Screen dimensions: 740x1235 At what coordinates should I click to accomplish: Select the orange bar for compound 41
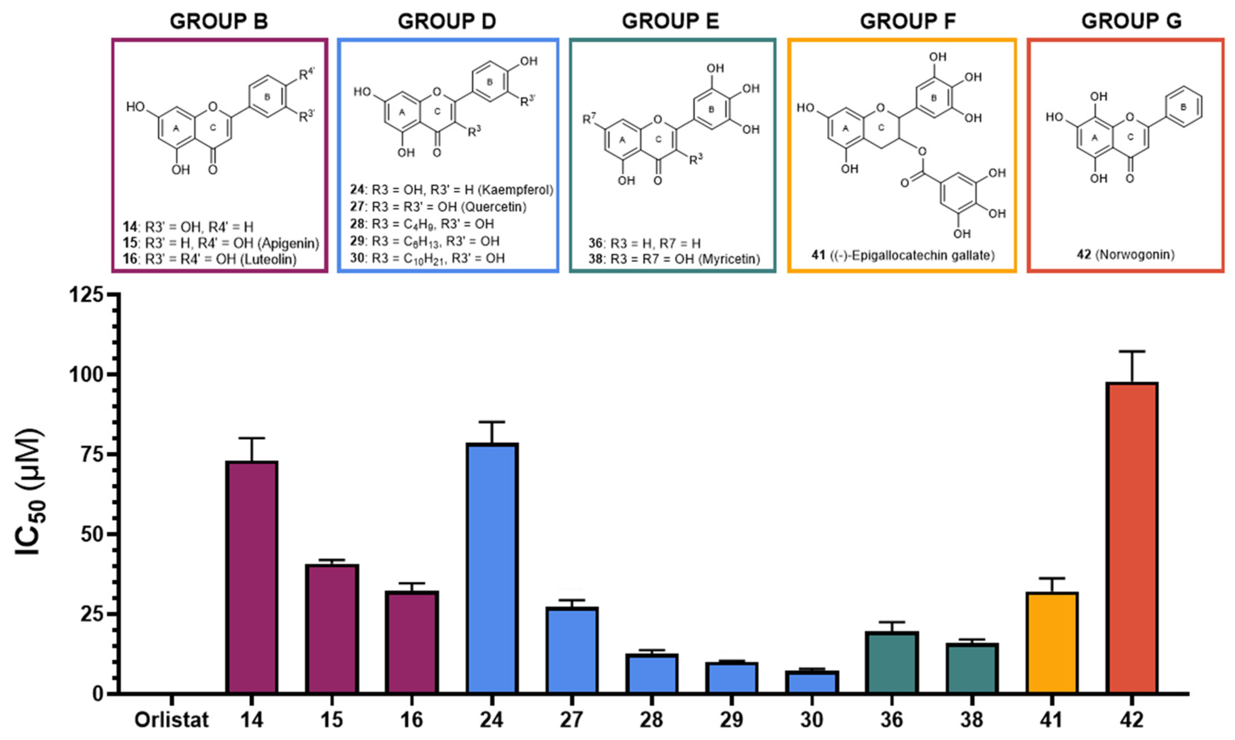tap(1052, 643)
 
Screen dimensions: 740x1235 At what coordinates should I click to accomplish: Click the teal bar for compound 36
tap(892, 663)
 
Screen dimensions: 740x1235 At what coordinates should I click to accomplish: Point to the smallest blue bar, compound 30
tap(812, 682)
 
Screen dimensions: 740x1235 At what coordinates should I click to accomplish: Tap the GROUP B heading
tap(219, 21)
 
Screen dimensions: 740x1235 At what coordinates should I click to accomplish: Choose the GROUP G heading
tap(1131, 21)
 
